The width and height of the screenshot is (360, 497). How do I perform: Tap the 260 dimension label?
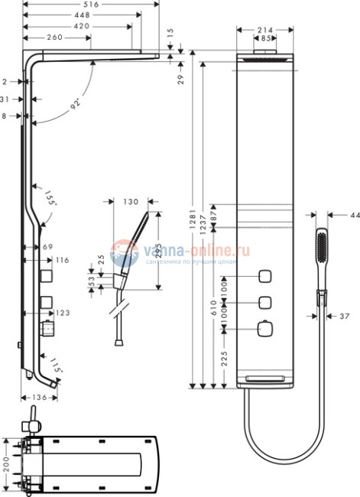pyautogui.click(x=54, y=37)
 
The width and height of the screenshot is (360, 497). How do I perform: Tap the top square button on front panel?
pyautogui.click(x=266, y=276)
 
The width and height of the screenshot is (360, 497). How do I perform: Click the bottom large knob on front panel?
pyautogui.click(x=266, y=329)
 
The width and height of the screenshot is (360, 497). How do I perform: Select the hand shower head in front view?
pyautogui.click(x=321, y=247)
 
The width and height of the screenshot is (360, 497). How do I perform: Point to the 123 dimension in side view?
pyautogui.click(x=63, y=313)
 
